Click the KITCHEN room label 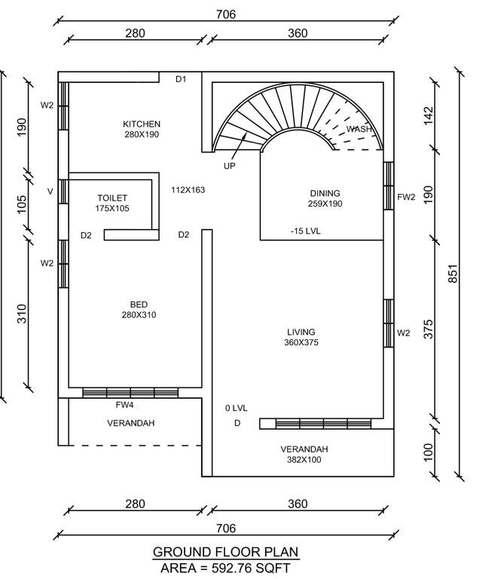pyautogui.click(x=142, y=124)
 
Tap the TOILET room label pyautogui.click(x=111, y=198)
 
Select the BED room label pyautogui.click(x=139, y=305)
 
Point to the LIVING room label pyautogui.click(x=301, y=332)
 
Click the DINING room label pyautogui.click(x=325, y=193)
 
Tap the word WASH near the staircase pyautogui.click(x=359, y=130)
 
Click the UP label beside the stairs pyautogui.click(x=229, y=165)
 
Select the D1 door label pyautogui.click(x=181, y=78)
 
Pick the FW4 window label pyautogui.click(x=125, y=405)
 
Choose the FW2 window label pyautogui.click(x=406, y=198)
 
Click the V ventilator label pyautogui.click(x=50, y=191)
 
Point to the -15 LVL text pyautogui.click(x=305, y=231)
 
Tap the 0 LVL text pyautogui.click(x=236, y=408)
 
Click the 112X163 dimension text pyautogui.click(x=188, y=190)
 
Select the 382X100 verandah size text pyautogui.click(x=304, y=460)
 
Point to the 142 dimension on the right pyautogui.click(x=429, y=115)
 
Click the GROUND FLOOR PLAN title pyautogui.click(x=226, y=552)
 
